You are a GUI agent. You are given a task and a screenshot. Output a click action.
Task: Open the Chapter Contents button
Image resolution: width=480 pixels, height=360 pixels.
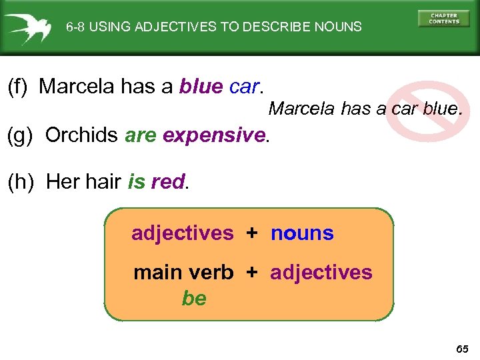coord(443,19)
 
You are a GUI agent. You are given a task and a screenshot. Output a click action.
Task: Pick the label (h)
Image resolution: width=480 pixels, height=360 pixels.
coord(19,182)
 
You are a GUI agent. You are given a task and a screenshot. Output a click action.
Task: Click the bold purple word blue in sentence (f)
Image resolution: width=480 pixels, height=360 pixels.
coord(201,87)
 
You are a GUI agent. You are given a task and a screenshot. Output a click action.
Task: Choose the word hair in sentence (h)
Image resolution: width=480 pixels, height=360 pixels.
coord(103,182)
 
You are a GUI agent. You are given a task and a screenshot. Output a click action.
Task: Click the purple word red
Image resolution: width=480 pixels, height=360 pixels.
coord(168,182)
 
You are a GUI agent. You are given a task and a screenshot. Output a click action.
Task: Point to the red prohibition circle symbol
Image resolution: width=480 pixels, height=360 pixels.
coord(422,109)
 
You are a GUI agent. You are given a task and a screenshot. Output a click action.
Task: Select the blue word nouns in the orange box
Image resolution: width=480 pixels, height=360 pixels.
coord(302,233)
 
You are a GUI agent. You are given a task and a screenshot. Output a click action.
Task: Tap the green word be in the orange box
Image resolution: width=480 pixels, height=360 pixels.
coord(194,298)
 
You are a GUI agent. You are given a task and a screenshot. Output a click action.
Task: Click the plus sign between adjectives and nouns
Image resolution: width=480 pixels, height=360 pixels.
coord(252,233)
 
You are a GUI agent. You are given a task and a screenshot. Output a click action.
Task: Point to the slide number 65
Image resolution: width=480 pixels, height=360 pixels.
coord(462,349)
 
